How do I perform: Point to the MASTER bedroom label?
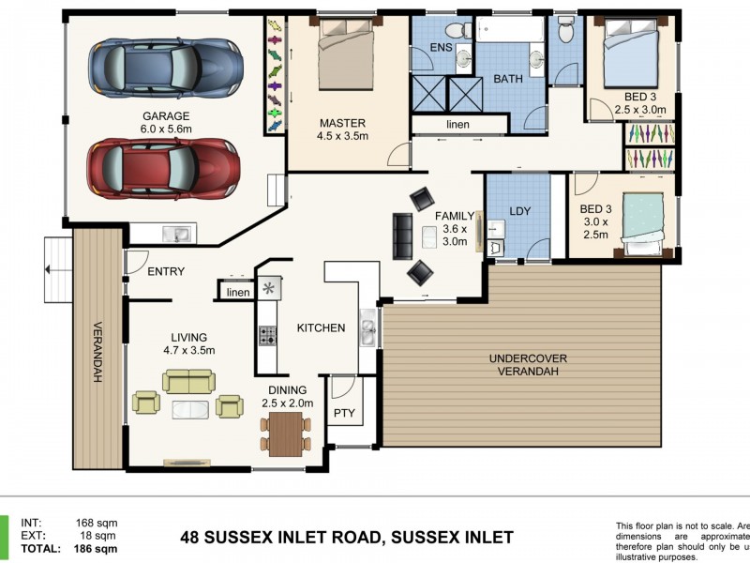[341, 123]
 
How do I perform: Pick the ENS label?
[441, 47]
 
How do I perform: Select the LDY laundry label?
[519, 211]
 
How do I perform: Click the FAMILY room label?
[455, 216]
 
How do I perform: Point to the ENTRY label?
[166, 272]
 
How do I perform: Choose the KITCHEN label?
[321, 327]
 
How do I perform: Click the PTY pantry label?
[342, 412]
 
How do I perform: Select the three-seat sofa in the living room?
[188, 380]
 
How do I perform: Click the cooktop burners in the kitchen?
[268, 333]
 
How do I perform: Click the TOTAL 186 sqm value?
[97, 549]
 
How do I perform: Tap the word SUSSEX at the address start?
[238, 538]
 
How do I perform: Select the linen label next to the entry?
[237, 293]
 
